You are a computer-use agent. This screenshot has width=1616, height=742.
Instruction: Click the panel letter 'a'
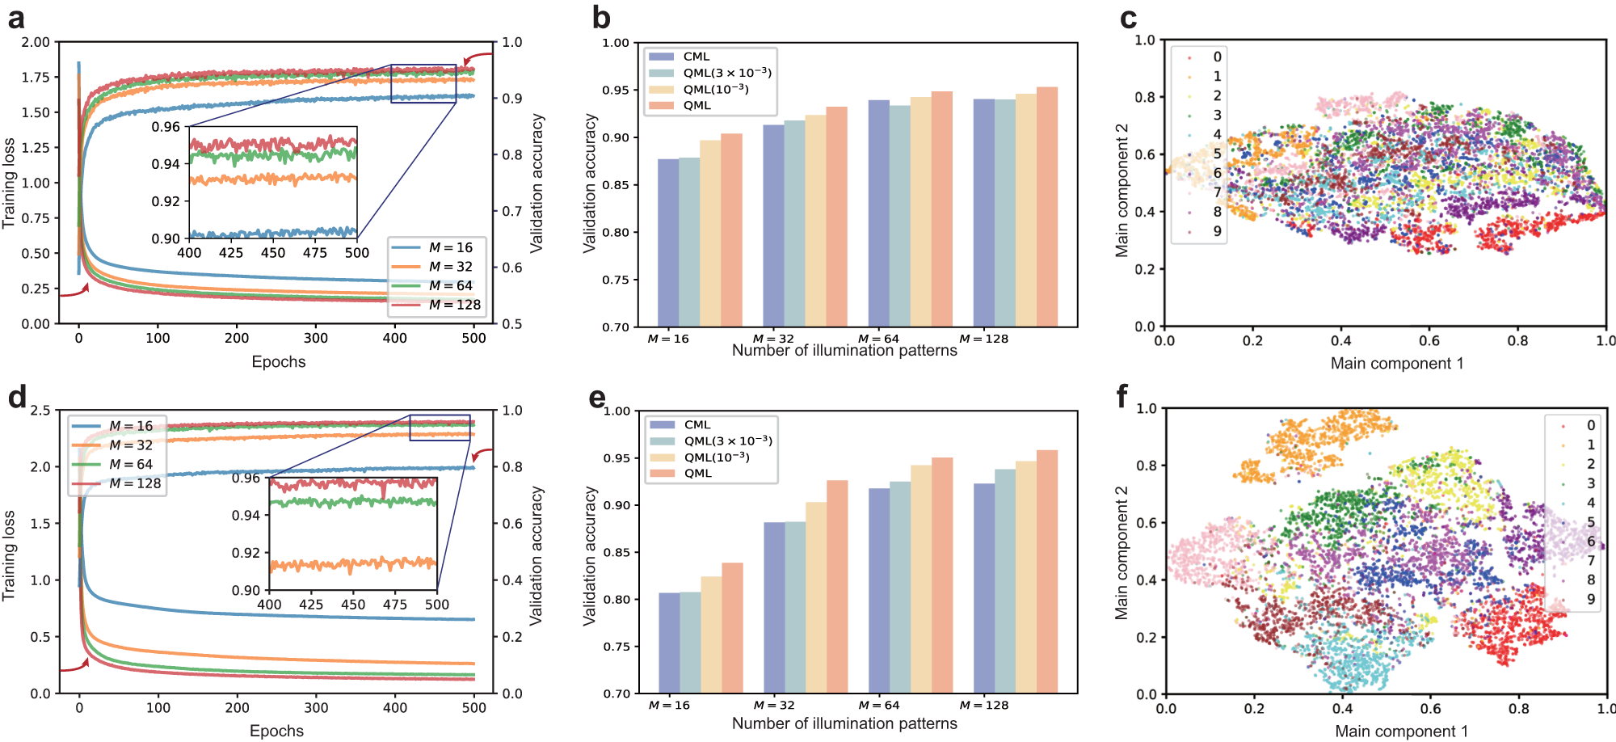[x=15, y=18]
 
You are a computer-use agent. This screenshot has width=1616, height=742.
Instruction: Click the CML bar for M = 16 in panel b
[x=668, y=242]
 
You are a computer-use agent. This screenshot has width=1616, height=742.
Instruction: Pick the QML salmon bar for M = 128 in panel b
[x=1047, y=207]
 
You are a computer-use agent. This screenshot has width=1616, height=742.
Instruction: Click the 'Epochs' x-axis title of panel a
[x=279, y=361]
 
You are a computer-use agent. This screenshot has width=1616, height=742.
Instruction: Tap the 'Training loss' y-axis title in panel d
[x=9, y=554]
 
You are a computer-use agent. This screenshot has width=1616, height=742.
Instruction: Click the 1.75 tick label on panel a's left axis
[x=36, y=77]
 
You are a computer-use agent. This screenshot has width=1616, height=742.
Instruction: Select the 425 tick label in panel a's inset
[x=231, y=252]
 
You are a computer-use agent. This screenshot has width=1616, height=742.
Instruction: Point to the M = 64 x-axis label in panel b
[x=878, y=339]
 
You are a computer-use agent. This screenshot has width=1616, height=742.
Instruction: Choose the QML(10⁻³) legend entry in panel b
[x=715, y=89]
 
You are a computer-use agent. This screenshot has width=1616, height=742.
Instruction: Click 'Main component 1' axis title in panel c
[x=1397, y=363]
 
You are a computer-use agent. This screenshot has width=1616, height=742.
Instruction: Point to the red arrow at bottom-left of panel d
[x=75, y=667]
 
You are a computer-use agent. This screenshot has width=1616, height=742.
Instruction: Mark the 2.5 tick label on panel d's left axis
[x=40, y=411]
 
